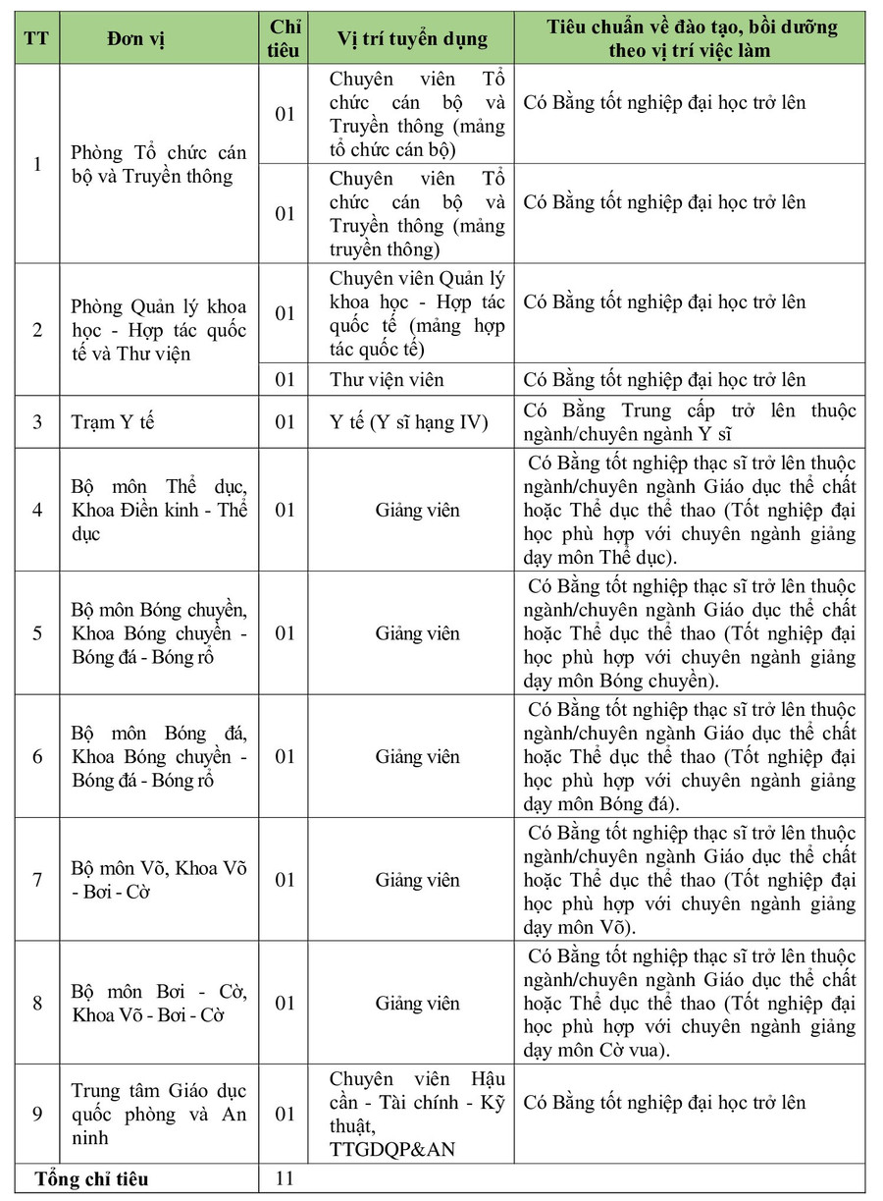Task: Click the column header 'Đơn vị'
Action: [x=137, y=38]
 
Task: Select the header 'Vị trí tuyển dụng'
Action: [x=411, y=38]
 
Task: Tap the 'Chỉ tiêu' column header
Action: [x=284, y=38]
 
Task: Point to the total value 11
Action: [x=285, y=1177]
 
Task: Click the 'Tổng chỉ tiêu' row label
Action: [x=92, y=1178]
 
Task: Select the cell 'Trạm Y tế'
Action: [x=114, y=422]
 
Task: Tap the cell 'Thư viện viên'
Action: [x=387, y=379]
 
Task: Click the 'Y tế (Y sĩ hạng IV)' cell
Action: [x=409, y=422]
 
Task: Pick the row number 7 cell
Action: [x=38, y=880]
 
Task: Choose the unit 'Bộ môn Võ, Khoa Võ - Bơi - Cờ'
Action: [x=159, y=880]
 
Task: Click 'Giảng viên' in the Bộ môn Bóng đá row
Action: [x=417, y=756]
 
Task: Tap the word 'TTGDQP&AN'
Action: [x=392, y=1149]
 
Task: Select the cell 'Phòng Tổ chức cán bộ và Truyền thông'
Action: [x=159, y=164]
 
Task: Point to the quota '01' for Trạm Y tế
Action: [x=285, y=422]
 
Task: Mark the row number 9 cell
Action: [x=38, y=1114]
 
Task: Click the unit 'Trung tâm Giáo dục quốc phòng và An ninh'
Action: [x=159, y=1114]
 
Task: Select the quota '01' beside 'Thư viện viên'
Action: [x=285, y=379]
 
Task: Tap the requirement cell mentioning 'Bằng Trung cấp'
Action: [x=690, y=422]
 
